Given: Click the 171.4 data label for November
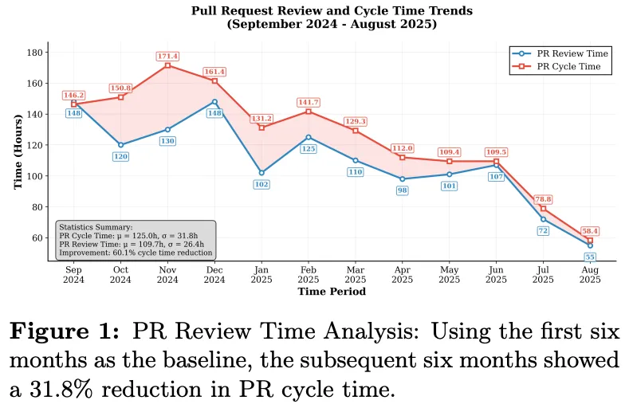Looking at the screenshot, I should pos(167,57).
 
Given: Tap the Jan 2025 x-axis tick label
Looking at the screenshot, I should pos(261,273).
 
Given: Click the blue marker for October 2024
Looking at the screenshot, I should pos(120,145).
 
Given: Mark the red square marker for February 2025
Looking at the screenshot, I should pos(309,112).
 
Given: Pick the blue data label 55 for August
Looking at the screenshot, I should pos(590,257).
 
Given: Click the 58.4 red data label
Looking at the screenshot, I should pos(590,231).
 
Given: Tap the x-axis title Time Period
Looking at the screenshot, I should pos(332,292).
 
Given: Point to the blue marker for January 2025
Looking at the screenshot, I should pos(261,172).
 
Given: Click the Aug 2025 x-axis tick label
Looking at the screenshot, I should pos(590,273).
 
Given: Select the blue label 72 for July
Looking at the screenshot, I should pos(543,231).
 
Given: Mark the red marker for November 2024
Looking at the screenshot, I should pos(167,65).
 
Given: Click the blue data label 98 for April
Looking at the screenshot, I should pos(403,191).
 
